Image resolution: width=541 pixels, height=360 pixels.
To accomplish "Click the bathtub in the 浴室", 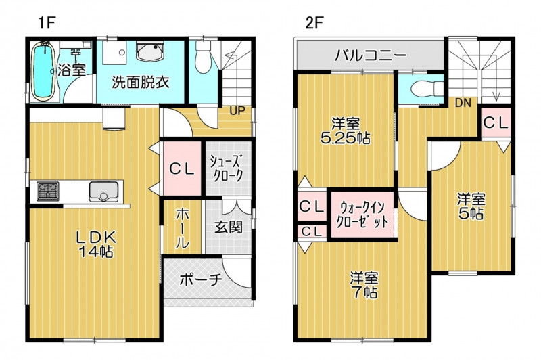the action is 44,72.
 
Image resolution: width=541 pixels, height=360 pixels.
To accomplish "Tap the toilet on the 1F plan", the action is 203,57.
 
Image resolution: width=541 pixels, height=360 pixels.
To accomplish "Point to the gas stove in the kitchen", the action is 48,192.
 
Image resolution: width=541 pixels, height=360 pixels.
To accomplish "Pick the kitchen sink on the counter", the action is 103,192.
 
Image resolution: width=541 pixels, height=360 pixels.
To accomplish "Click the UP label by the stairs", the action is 238,111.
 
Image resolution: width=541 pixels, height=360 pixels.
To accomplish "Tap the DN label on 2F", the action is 463,103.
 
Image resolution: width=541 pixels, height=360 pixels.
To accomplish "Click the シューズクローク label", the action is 228,168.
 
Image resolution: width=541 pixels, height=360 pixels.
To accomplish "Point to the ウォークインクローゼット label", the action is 362,215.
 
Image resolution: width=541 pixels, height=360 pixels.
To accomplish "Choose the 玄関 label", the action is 229,227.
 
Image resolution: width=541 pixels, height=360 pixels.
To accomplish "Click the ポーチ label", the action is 200,280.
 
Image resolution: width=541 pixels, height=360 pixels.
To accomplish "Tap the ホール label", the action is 182,228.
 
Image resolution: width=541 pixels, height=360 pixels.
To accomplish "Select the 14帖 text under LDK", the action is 96,252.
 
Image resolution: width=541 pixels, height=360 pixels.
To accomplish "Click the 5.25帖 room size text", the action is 346,139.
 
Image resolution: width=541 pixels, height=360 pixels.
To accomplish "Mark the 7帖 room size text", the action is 364,293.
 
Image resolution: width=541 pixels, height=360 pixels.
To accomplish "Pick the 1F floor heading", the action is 47,23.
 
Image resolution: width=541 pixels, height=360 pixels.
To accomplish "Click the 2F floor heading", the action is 313,23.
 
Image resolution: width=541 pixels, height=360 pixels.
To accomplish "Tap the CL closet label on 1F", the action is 182,168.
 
